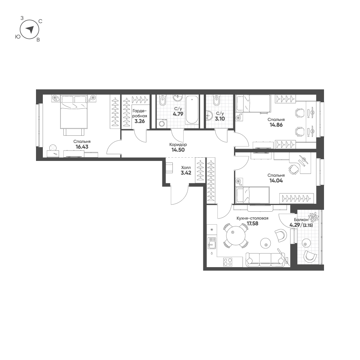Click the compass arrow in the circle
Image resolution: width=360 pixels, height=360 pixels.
(x=30, y=29)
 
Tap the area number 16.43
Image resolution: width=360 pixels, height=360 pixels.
(x=82, y=147)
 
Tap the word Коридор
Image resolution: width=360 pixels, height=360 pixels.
(x=178, y=145)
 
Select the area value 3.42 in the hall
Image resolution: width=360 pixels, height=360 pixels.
(x=186, y=173)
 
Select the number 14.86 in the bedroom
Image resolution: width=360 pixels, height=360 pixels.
(x=276, y=125)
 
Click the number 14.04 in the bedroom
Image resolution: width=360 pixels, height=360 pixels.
(x=276, y=181)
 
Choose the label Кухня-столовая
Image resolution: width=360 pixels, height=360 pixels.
(x=252, y=218)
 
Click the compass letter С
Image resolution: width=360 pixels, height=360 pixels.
(x=40, y=21)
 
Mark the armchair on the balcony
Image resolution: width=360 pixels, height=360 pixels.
(x=310, y=256)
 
